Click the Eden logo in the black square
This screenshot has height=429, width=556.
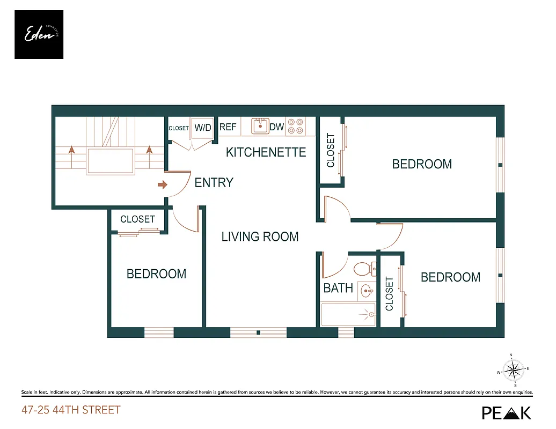[39, 34]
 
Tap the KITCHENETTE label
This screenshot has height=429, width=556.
[266, 152]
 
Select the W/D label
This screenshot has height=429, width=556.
[203, 128]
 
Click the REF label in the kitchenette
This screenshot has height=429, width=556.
[228, 127]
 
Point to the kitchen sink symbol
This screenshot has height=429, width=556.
[260, 127]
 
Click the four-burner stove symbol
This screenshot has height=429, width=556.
[295, 126]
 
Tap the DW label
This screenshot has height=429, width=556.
[276, 127]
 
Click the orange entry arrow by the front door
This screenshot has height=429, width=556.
[162, 185]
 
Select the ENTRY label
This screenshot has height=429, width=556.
[214, 183]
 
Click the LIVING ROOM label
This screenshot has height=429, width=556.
[260, 236]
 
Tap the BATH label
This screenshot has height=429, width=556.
[338, 288]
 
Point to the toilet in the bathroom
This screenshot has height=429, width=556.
[364, 267]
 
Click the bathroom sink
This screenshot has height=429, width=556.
[367, 292]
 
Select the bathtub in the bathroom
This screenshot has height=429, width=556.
[347, 315]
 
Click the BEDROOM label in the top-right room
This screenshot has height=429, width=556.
[422, 164]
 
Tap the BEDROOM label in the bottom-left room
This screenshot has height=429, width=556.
[156, 274]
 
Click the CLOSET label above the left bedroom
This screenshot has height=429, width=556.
[137, 219]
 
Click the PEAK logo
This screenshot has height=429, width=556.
[506, 412]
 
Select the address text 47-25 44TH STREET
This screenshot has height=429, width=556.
[71, 410]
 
